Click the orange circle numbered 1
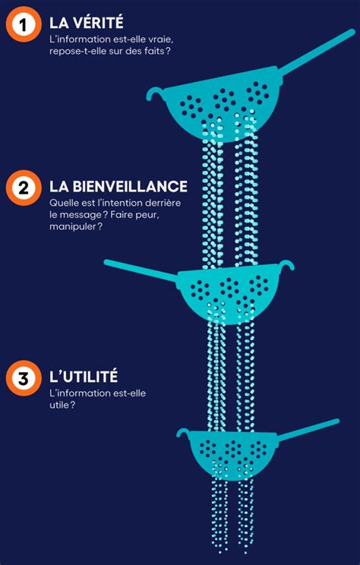24,24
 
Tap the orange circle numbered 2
24,188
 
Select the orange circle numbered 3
24,378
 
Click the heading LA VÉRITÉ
87,22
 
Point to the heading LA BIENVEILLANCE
118,186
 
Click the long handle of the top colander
317,52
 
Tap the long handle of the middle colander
141,270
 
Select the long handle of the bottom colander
308,429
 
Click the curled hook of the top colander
155,92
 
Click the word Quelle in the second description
62,203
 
